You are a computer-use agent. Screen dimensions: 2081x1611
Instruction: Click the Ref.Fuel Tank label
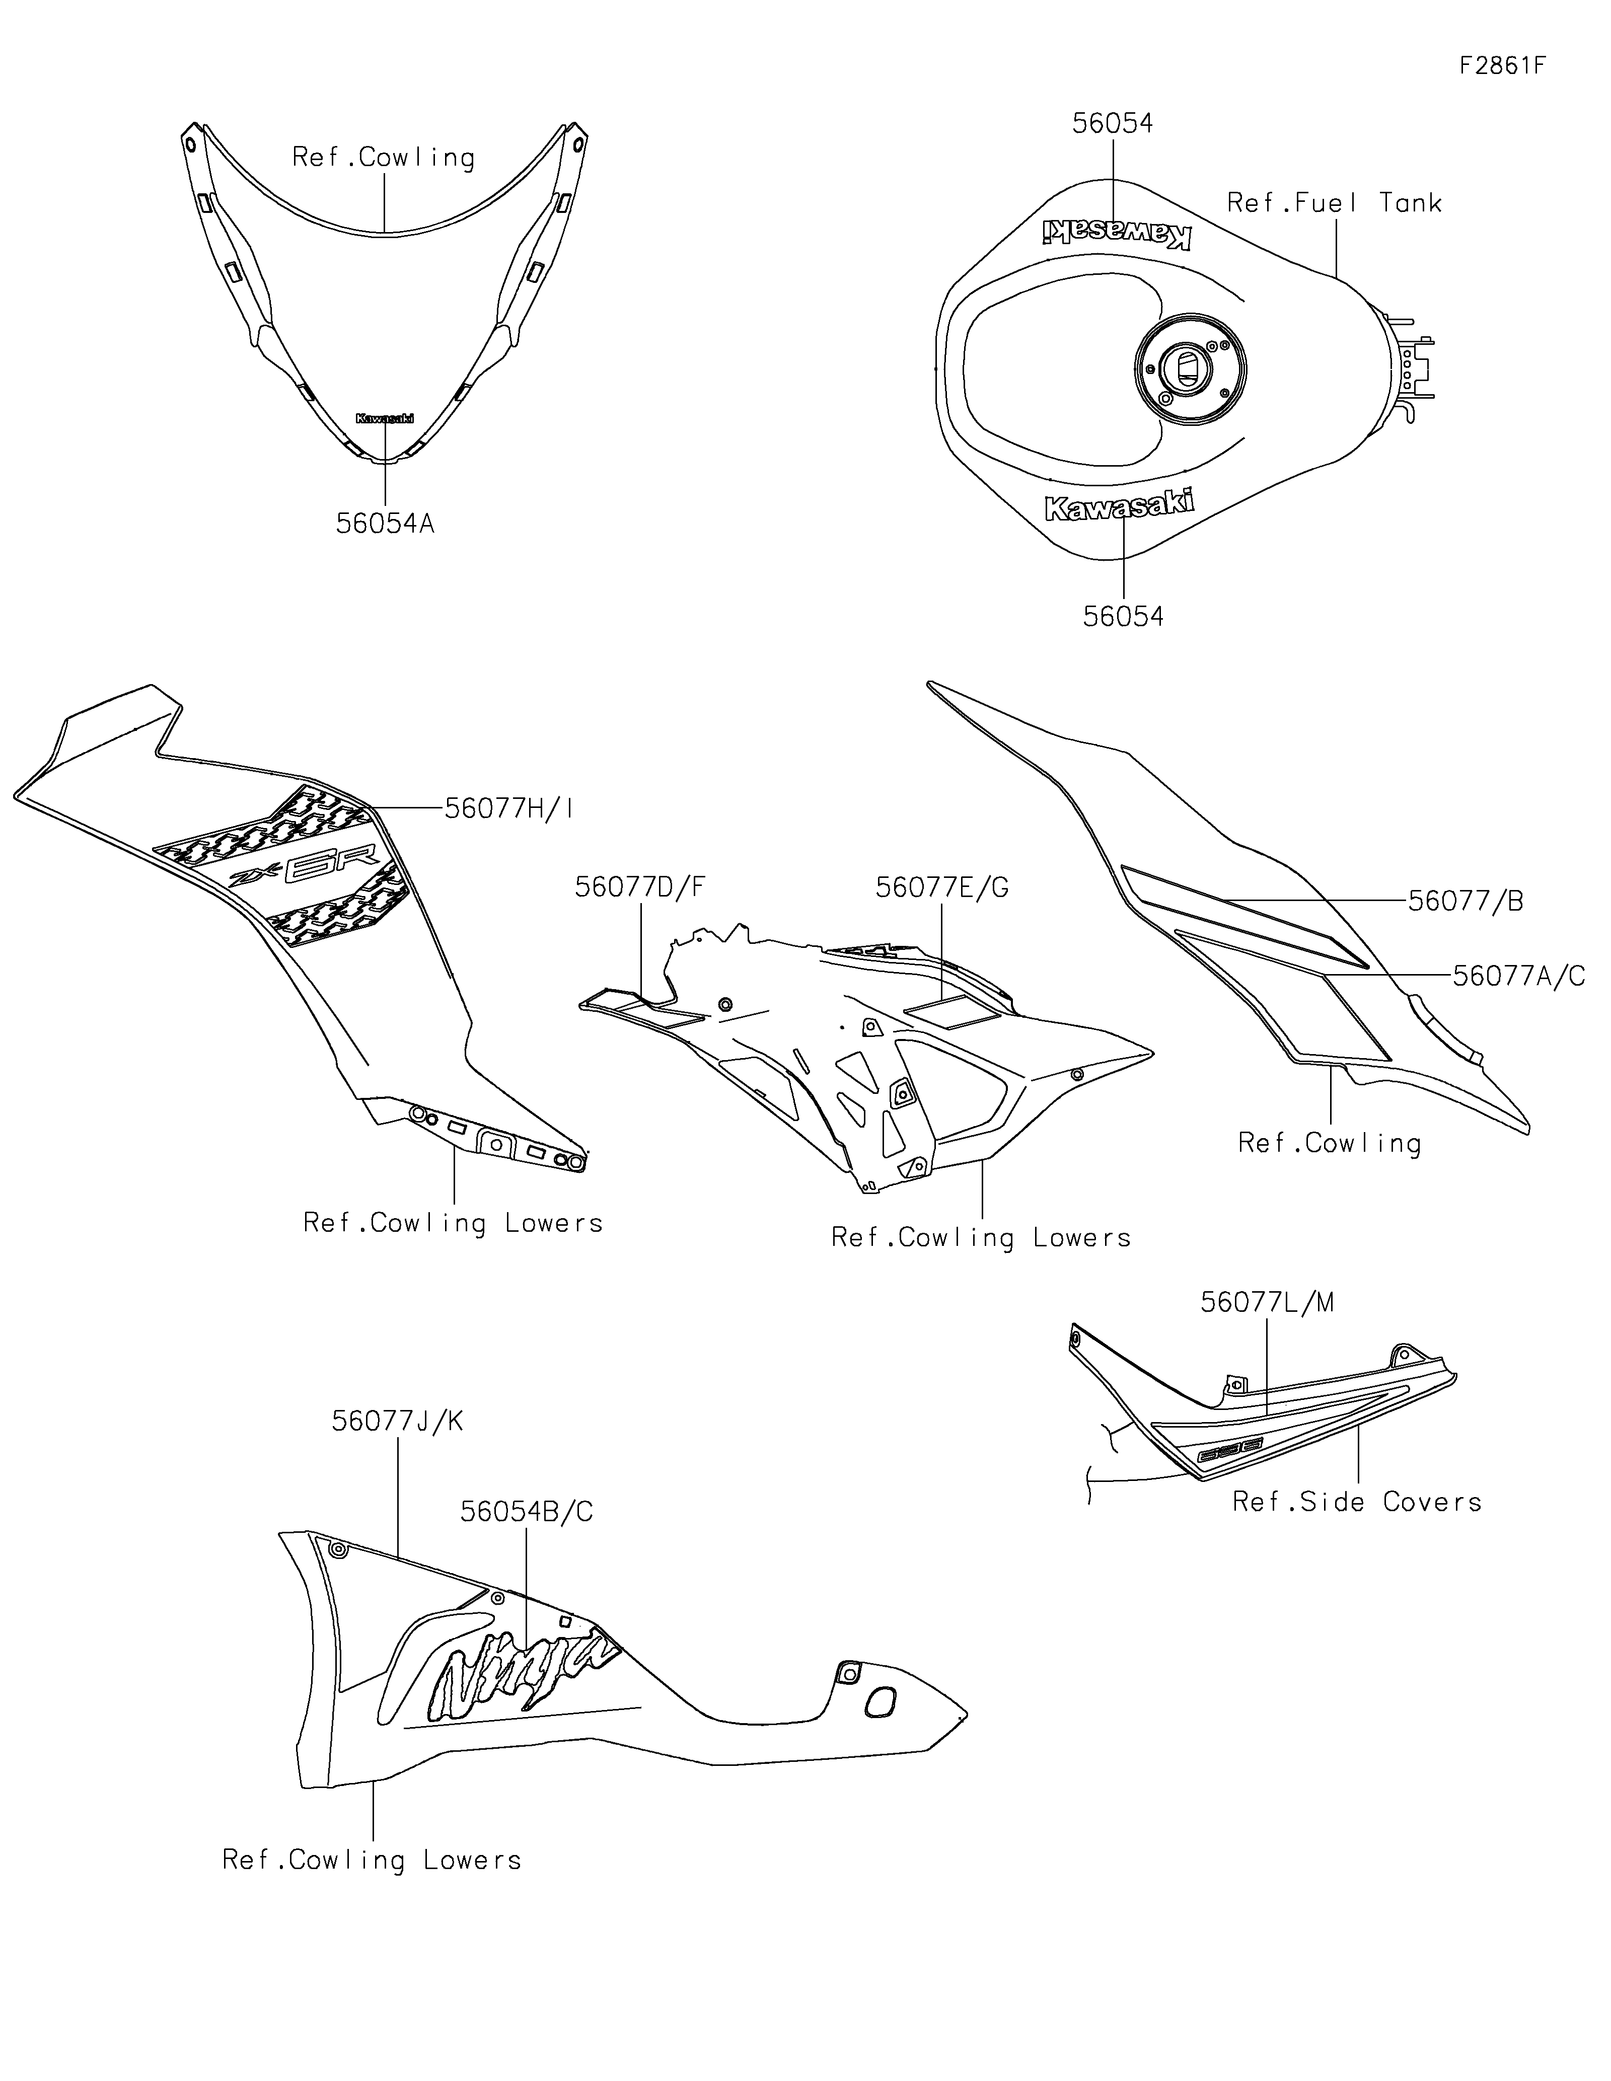tap(1334, 203)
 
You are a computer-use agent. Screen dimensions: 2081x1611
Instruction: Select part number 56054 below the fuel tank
tap(1123, 617)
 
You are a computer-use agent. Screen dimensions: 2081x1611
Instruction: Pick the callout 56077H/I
tap(509, 809)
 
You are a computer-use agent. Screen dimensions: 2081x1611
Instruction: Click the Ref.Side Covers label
tap(1357, 1503)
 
